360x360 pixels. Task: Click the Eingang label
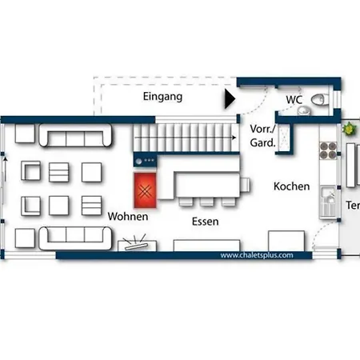[162, 97]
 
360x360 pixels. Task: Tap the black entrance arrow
[230, 98]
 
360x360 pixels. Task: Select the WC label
[294, 100]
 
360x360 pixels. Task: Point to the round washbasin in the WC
[304, 110]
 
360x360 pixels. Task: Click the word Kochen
[292, 186]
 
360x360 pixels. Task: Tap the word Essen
[206, 222]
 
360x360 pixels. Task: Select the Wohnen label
[128, 216]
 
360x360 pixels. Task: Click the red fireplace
[145, 190]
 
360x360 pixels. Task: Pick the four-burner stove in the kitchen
[328, 150]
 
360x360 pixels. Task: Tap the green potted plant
[350, 129]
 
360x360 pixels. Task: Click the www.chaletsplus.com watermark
[257, 255]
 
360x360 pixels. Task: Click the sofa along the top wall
[75, 135]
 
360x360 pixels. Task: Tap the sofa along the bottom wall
[75, 238]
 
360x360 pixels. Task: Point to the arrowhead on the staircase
[234, 138]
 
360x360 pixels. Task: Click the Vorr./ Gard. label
[263, 136]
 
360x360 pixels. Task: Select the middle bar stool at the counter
[206, 202]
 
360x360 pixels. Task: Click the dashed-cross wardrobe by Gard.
[284, 138]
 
